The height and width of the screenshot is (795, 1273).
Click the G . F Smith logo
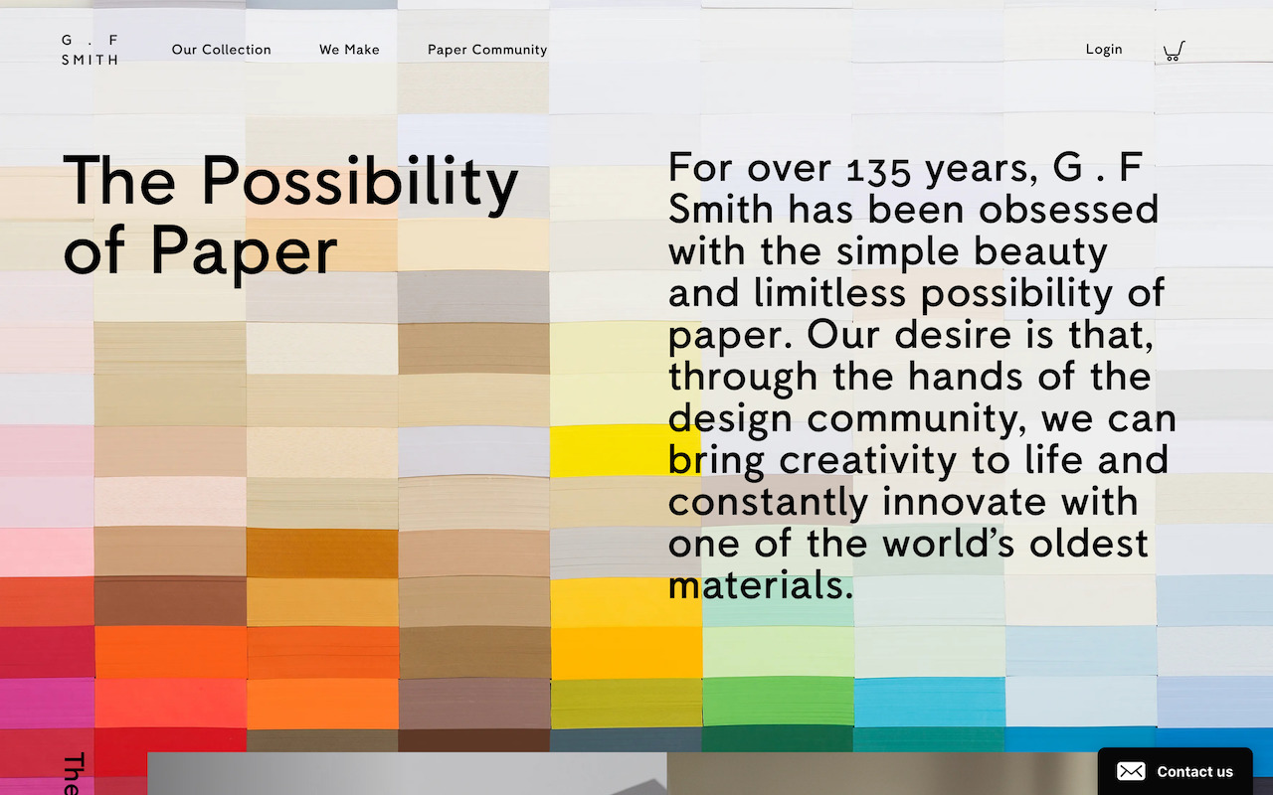point(90,50)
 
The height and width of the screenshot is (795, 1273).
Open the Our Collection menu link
point(221,50)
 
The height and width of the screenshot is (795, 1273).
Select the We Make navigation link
point(349,50)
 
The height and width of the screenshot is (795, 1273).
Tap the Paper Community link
point(487,50)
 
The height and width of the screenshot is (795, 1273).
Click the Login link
point(1104,50)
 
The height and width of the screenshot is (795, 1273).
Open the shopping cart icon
point(1174,51)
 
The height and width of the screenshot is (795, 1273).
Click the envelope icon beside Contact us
point(1131,771)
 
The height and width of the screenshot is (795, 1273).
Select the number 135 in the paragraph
point(879,170)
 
